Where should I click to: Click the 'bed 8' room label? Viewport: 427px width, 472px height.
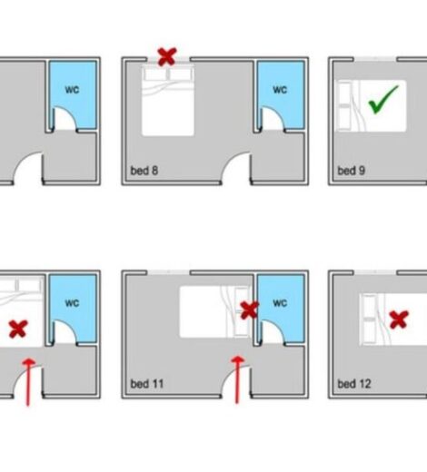(x=144, y=171)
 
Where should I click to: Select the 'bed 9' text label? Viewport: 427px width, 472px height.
(x=352, y=171)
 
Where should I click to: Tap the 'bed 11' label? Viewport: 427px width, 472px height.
(x=147, y=384)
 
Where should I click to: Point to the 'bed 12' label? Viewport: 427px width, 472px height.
(x=354, y=384)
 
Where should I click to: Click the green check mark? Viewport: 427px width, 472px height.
(x=383, y=100)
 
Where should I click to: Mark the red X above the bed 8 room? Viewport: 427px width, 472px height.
(x=167, y=56)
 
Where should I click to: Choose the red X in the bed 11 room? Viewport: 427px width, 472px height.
(x=250, y=310)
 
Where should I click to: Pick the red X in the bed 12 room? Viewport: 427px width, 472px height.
(x=399, y=320)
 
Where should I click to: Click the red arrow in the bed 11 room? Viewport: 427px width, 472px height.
(x=238, y=380)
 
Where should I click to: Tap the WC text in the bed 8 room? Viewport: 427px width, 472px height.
(x=280, y=90)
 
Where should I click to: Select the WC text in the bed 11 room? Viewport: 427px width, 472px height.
(x=280, y=303)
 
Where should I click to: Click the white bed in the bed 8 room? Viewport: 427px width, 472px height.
(x=168, y=100)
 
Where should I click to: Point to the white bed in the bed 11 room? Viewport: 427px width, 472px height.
(x=215, y=312)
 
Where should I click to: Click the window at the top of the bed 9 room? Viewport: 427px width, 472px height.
(x=375, y=59)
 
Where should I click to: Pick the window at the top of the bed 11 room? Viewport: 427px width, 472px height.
(x=168, y=272)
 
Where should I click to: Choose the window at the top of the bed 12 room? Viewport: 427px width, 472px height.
(x=375, y=272)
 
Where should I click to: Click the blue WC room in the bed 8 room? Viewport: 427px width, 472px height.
(x=281, y=94)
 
